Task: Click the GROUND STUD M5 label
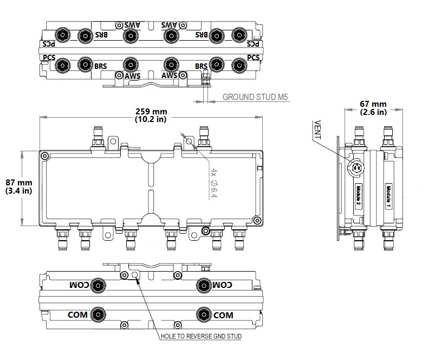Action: click(x=255, y=98)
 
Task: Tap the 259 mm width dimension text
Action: click(x=151, y=112)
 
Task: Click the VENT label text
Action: click(x=317, y=130)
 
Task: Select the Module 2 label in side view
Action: click(x=359, y=195)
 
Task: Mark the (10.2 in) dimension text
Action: click(x=151, y=120)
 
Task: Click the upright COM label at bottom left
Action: click(x=78, y=314)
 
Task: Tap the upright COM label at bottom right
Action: click(x=223, y=314)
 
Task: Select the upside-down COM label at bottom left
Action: click(x=79, y=285)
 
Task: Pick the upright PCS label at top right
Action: click(x=253, y=57)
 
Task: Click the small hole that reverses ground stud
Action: click(x=135, y=275)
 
